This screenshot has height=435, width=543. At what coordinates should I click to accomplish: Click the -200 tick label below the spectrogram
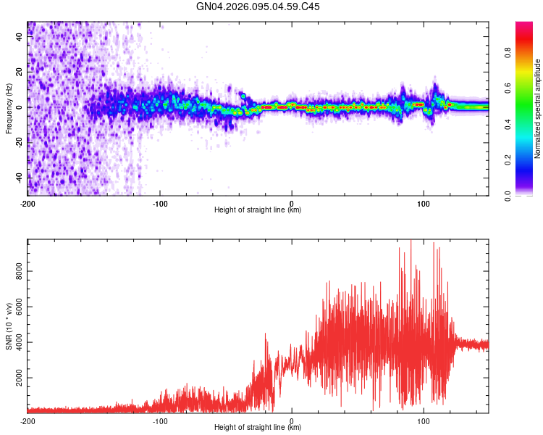tap(28, 203)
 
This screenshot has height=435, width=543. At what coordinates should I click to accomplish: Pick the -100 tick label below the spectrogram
tap(160, 203)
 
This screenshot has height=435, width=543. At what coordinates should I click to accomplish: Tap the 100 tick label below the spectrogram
tap(424, 203)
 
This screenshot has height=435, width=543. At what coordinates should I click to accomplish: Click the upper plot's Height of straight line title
tap(258, 210)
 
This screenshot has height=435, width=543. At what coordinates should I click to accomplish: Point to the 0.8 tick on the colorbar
tap(528, 53)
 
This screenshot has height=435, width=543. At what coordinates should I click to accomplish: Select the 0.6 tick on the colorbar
tap(528, 88)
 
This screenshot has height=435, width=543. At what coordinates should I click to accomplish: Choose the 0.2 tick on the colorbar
tap(528, 159)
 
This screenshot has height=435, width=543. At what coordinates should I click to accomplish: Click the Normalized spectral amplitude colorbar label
tap(538, 109)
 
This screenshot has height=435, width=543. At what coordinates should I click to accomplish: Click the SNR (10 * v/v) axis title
tap(9, 326)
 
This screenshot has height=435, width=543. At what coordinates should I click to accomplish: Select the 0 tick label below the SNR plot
tap(292, 420)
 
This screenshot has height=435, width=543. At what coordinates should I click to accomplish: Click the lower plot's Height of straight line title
tap(258, 428)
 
